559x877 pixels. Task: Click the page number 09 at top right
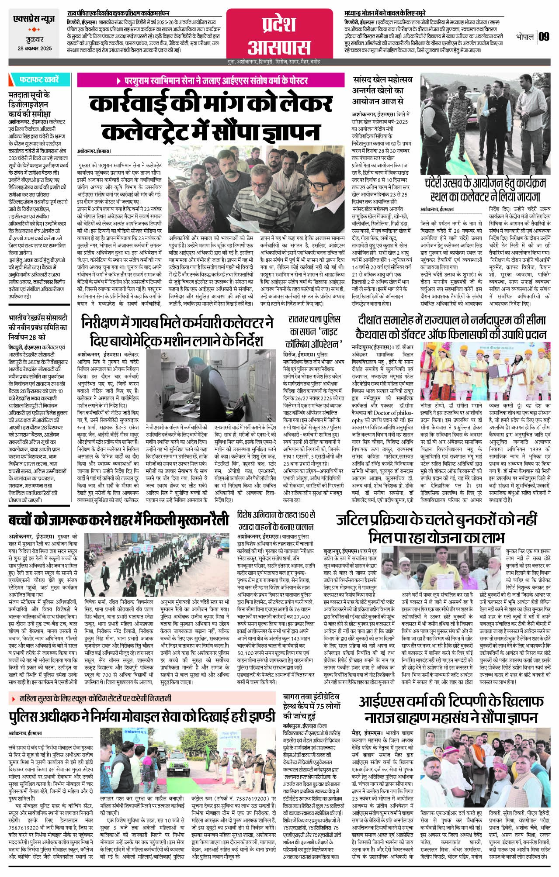(x=543, y=37)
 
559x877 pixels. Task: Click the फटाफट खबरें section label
(x=38, y=80)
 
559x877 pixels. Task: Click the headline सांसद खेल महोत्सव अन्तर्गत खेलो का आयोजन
(x=382, y=90)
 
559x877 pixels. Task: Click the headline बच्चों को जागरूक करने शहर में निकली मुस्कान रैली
(x=118, y=521)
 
